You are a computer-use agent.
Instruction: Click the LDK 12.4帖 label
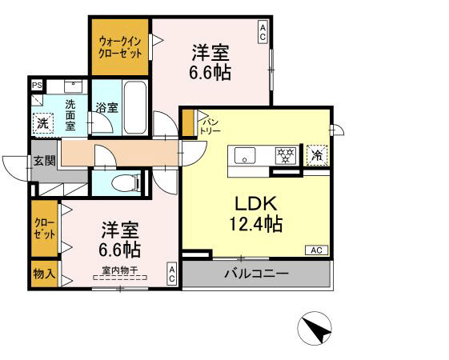(257, 212)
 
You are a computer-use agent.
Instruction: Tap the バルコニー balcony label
(256, 274)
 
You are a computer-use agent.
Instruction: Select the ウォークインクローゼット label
(120, 46)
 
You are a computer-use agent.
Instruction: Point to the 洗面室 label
(70, 114)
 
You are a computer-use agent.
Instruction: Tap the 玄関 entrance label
(44, 160)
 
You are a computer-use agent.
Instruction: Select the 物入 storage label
(44, 274)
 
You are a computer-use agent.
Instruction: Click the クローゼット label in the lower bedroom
(44, 229)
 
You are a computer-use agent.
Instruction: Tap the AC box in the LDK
(315, 250)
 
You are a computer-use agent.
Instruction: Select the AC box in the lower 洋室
(171, 274)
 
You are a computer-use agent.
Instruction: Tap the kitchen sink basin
(244, 155)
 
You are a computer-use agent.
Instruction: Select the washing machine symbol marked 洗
(43, 123)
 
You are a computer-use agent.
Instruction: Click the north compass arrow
(315, 328)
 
